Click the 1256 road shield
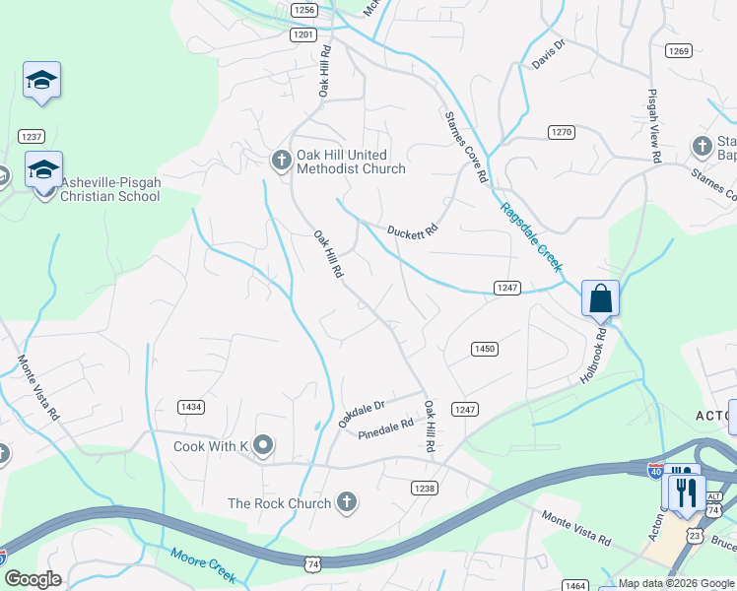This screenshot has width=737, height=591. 304,10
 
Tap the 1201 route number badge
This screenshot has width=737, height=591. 304,34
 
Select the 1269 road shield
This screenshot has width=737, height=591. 678,51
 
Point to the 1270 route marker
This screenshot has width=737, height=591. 562,132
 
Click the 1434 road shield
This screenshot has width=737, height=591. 191,407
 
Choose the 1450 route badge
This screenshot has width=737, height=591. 484,349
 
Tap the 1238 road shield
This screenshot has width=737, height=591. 424,489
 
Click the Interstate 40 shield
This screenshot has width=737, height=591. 656,471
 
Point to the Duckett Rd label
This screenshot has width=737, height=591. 412,232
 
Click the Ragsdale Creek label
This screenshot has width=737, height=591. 530,236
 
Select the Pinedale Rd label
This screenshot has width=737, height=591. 385,429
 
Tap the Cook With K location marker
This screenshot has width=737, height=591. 262,446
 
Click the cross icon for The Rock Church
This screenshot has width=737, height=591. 346,503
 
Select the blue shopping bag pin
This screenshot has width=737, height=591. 600,297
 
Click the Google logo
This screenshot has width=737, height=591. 33,579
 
